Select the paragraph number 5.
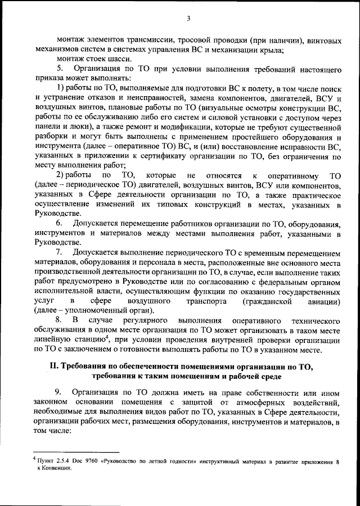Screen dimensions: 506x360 point(60,70)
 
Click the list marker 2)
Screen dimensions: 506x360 point(61,175)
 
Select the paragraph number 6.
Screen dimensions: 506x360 point(60,224)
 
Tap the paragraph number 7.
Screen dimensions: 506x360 point(60,253)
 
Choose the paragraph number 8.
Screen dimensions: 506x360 point(60,320)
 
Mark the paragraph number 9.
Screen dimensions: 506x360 point(60,391)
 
